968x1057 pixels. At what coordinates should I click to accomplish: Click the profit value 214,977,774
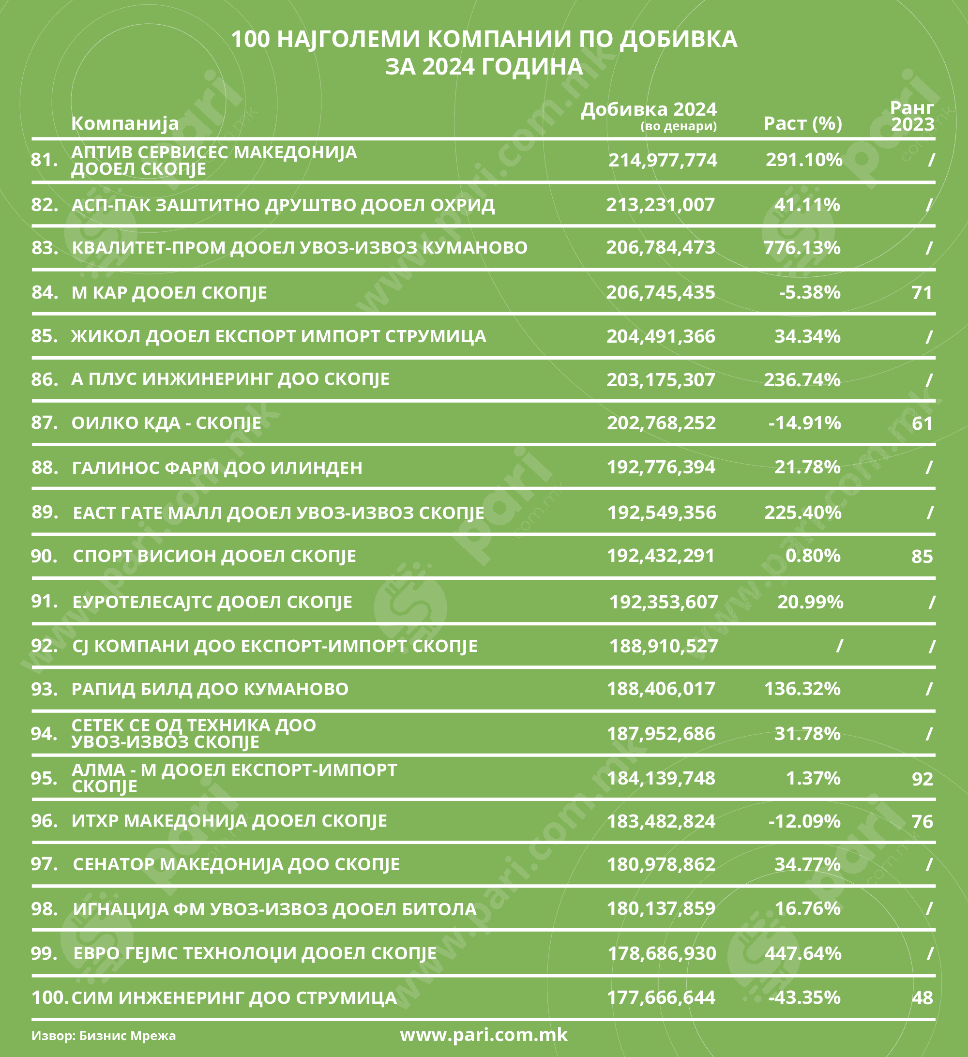pos(662,160)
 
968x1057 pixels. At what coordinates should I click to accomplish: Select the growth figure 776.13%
pos(802,247)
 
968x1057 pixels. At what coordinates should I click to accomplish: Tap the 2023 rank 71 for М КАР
pos(922,292)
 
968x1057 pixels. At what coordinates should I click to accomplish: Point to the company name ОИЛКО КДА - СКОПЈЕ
pos(166,423)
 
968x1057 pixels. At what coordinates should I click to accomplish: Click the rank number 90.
pos(44,556)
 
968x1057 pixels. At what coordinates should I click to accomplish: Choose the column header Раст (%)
pos(802,123)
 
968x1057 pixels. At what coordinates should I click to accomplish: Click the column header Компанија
pos(125,123)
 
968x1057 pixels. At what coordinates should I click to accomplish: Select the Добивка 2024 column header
pos(648,109)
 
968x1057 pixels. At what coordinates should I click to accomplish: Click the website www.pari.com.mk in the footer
pos(484,1034)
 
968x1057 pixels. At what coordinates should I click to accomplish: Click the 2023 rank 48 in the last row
pos(922,998)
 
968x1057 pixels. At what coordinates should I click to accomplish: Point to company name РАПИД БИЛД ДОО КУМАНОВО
pos(210,689)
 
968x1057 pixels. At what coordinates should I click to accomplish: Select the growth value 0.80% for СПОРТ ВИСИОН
pos(813,556)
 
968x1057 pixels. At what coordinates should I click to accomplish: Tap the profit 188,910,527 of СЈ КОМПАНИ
pos(664,646)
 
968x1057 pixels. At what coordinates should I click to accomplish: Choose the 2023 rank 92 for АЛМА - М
pos(922,779)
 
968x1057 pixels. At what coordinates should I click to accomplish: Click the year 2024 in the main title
pos(445,67)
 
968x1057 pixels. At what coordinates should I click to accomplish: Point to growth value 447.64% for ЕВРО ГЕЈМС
pos(803,953)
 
